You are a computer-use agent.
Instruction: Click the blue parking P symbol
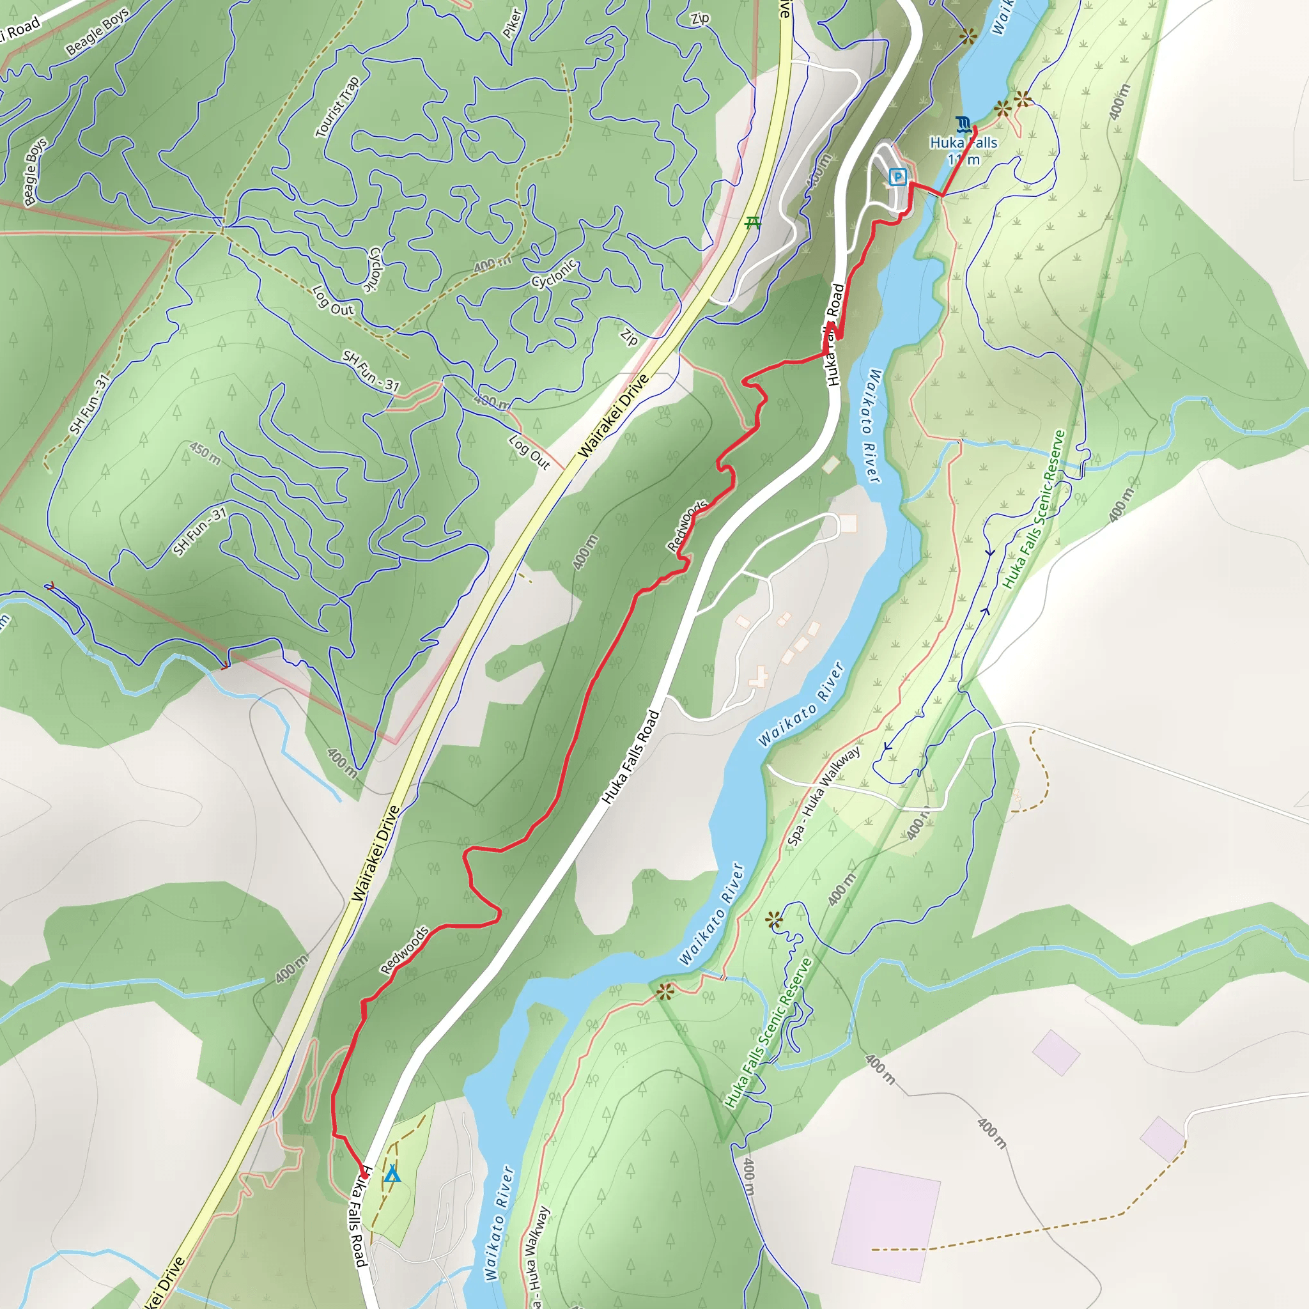898,178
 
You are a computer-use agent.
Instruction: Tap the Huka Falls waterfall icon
963,124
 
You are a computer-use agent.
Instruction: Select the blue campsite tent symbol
392,1173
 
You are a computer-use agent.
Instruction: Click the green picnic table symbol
752,222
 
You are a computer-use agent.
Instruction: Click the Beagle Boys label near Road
98,32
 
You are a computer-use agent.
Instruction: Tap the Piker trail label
512,24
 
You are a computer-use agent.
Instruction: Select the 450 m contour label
205,454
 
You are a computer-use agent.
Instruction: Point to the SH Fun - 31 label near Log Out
371,371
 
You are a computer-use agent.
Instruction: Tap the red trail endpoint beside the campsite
364,1177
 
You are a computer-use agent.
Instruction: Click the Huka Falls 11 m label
963,151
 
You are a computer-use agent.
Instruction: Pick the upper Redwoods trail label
687,526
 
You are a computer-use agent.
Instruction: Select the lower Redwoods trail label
405,950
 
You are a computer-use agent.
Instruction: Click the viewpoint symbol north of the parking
968,36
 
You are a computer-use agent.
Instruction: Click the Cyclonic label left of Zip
554,273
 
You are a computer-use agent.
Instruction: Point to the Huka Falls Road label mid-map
631,757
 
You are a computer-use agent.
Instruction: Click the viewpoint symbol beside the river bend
665,993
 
